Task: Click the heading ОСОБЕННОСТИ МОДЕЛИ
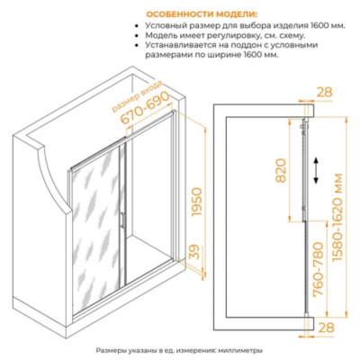(x=202, y=14)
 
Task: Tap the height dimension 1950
(x=195, y=203)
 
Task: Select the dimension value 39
(x=194, y=253)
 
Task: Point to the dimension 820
(x=281, y=170)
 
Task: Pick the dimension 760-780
(x=319, y=269)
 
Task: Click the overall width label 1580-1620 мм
(x=337, y=218)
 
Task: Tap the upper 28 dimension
(x=324, y=92)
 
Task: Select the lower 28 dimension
(x=326, y=328)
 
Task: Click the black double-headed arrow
(x=316, y=171)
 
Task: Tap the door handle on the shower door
(x=122, y=222)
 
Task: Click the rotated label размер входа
(x=137, y=96)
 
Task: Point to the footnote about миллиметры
(x=179, y=350)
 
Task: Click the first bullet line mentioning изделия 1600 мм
(x=245, y=25)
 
